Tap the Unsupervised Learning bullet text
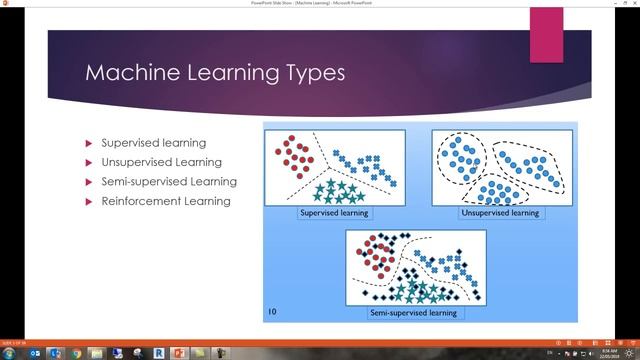[x=161, y=162]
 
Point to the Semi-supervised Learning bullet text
[x=169, y=182]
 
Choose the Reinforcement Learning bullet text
[x=165, y=201]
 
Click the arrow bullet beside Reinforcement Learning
[x=90, y=201]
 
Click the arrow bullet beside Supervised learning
[x=90, y=143]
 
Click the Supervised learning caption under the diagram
[x=334, y=213]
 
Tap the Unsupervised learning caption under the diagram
[x=499, y=213]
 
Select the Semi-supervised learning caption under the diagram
[x=415, y=313]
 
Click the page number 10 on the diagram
[x=273, y=312]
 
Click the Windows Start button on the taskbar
[x=9, y=353]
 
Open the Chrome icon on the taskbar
[x=77, y=353]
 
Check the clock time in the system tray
[x=609, y=350]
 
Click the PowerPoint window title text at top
[x=319, y=4]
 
